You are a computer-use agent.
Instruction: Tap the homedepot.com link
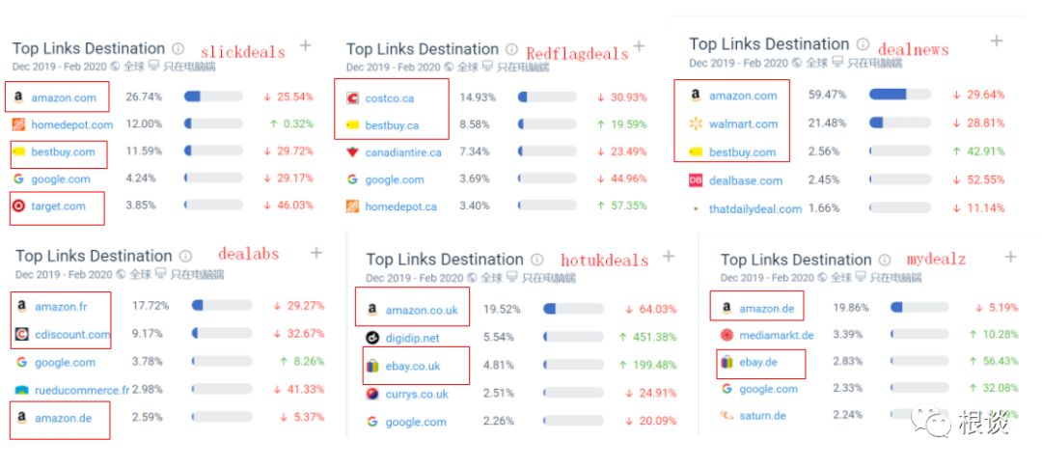pos(71,124)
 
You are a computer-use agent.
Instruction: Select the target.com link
pos(58,206)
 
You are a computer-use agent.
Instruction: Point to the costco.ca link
pos(389,98)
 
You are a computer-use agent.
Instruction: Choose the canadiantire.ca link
pos(402,152)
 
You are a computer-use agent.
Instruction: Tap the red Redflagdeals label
pos(576,52)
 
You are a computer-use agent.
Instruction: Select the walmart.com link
pos(743,124)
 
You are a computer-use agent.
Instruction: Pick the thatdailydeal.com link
pos(755,208)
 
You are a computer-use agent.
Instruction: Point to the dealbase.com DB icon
pos(696,180)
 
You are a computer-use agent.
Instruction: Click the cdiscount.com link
pos(71,335)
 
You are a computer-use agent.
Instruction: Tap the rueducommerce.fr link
pos(80,390)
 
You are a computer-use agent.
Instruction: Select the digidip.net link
pos(412,338)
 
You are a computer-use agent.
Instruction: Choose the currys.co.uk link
pos(417,394)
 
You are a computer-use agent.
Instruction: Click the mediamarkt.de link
pos(776,335)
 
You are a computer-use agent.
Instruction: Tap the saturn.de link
pos(762,416)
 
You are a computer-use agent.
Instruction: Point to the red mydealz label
pos(936,260)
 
